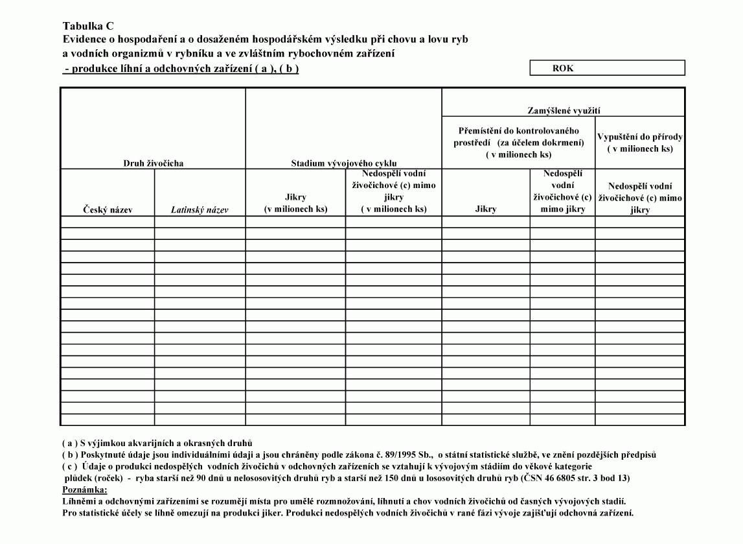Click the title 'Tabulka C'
click(x=88, y=26)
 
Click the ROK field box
click(x=607, y=68)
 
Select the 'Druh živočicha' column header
click(x=154, y=163)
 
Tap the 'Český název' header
click(x=108, y=209)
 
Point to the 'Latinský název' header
click(x=200, y=209)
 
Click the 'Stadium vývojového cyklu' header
click(x=344, y=163)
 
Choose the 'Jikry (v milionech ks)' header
click(x=295, y=202)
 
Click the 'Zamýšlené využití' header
click(x=563, y=112)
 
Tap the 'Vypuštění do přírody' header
click(x=640, y=143)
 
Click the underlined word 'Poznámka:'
click(x=85, y=490)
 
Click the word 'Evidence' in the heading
click(x=84, y=39)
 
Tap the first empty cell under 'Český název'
click(x=108, y=221)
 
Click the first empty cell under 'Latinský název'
click(x=200, y=221)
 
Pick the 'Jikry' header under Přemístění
click(x=486, y=209)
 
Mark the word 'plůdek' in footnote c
click(x=78, y=479)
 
